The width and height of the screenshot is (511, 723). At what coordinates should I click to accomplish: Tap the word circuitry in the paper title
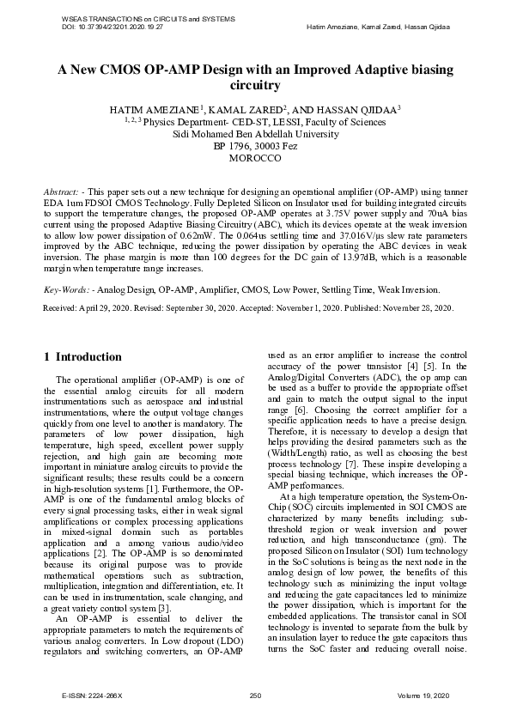point(255,86)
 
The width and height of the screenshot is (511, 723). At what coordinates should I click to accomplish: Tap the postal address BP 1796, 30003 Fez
point(255,147)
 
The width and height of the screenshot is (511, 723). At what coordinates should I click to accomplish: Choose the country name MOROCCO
point(255,159)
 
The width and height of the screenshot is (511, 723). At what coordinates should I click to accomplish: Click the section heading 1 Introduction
point(82,356)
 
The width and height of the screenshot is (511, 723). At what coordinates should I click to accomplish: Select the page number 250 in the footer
point(255,695)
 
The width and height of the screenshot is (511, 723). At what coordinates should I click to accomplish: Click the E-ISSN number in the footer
point(94,695)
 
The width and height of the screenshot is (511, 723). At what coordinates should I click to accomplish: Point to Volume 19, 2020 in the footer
point(426,695)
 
